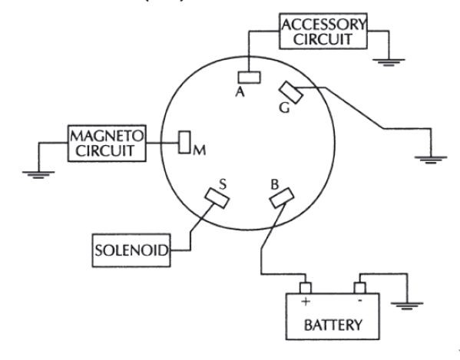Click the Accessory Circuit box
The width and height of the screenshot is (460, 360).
(323, 31)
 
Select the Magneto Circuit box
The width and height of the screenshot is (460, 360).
(107, 143)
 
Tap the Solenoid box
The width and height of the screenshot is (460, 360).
(131, 250)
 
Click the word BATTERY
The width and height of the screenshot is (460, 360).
(333, 325)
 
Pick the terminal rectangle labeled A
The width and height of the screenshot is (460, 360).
(249, 78)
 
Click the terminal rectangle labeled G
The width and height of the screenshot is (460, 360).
(290, 92)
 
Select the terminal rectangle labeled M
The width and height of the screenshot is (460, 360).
(184, 142)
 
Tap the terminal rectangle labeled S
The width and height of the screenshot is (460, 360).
(217, 198)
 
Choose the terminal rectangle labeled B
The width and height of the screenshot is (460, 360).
(282, 198)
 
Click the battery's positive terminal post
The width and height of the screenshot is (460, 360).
(306, 288)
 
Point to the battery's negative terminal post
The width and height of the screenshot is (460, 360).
(360, 288)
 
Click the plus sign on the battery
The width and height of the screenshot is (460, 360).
(306, 302)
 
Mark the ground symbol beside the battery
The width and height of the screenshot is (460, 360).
(407, 306)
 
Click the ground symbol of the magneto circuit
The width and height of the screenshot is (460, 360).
(38, 175)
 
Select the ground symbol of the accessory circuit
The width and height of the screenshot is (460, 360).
(389, 62)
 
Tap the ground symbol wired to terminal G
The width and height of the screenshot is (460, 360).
(431, 160)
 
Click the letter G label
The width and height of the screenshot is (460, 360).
(284, 108)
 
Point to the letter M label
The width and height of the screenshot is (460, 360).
(200, 150)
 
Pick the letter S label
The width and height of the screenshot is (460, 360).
(223, 184)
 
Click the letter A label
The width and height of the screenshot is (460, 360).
(240, 92)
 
